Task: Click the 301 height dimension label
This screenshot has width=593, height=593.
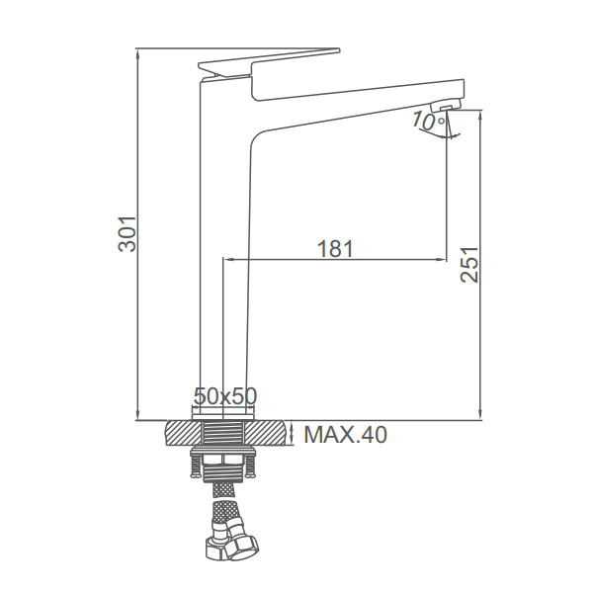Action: pyautogui.click(x=127, y=234)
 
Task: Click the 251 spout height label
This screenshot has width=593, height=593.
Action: pyautogui.click(x=469, y=265)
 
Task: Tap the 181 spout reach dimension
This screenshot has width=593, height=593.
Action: pyautogui.click(x=335, y=248)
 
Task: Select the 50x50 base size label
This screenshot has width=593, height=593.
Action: pyautogui.click(x=225, y=396)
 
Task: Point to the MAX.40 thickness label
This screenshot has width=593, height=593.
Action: pyautogui.click(x=345, y=435)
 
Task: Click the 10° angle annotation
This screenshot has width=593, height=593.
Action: pyautogui.click(x=428, y=121)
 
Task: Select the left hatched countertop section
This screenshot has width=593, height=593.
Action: pyautogui.click(x=182, y=432)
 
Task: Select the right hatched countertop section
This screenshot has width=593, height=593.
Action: pyautogui.click(x=266, y=432)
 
